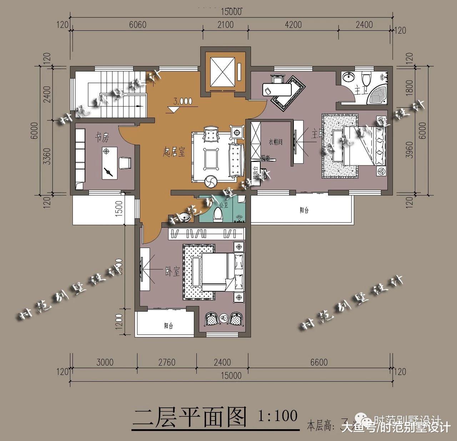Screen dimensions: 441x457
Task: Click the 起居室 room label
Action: (x=174, y=153)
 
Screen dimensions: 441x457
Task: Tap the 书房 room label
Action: (x=102, y=137)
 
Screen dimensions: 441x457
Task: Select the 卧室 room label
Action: (x=172, y=272)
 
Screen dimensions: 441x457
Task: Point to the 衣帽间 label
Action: (x=276, y=142)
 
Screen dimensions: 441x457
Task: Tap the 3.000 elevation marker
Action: (x=182, y=101)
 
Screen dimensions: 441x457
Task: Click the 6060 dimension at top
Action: (x=137, y=25)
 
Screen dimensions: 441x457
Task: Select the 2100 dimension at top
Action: (x=225, y=25)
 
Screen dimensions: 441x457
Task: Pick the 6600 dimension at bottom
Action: (x=318, y=362)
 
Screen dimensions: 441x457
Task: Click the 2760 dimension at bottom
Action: (x=166, y=362)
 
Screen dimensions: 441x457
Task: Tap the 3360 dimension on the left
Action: (x=46, y=157)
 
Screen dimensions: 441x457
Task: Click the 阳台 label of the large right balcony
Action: (x=304, y=210)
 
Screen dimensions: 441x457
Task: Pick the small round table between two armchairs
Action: (x=224, y=317)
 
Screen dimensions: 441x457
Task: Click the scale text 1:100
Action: (x=277, y=415)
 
